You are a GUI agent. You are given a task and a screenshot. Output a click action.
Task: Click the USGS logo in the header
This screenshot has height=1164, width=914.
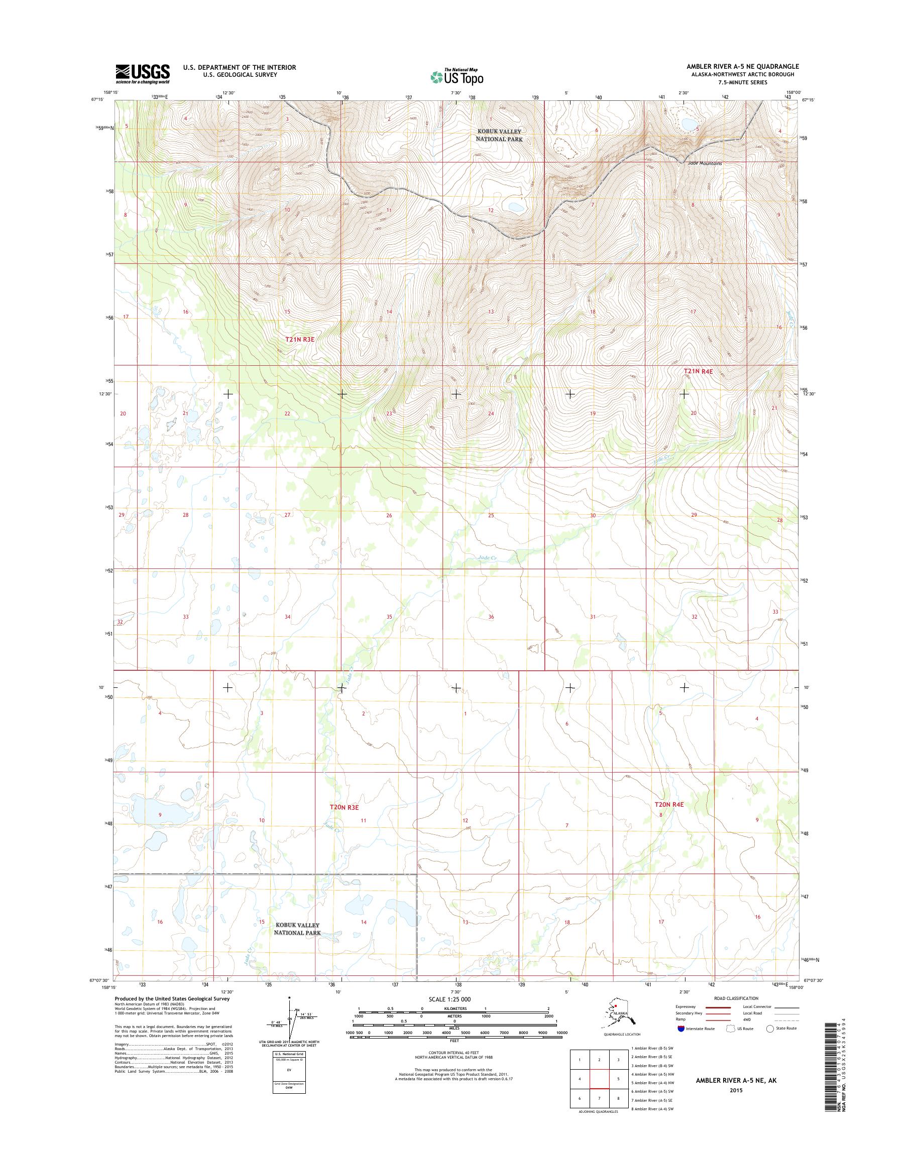click(143, 74)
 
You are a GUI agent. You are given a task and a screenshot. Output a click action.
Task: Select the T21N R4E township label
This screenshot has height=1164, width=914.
click(699, 371)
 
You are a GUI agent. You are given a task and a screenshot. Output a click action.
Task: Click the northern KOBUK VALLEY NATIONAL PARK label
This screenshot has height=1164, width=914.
click(499, 135)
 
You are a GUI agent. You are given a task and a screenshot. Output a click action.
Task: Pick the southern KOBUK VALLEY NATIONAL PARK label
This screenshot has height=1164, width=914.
click(297, 929)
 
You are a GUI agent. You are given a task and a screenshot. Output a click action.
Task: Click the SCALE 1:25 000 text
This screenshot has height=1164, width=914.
click(449, 999)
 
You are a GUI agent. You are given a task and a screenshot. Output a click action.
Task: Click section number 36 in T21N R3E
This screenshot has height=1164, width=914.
click(491, 617)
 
